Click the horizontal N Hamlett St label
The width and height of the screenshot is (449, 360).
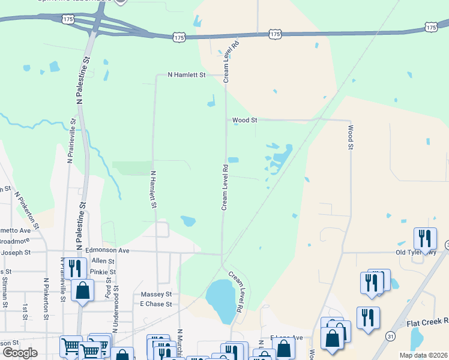point(187,75)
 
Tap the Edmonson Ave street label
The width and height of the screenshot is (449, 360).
point(107,250)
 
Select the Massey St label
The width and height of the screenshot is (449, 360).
point(156,295)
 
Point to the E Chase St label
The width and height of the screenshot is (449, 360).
point(156,304)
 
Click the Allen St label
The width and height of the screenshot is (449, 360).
point(103,261)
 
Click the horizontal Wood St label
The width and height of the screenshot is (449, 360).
point(245,120)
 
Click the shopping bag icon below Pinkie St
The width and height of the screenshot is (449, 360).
point(83,290)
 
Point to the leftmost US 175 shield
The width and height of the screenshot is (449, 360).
point(67,19)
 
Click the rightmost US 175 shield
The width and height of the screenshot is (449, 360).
point(430,27)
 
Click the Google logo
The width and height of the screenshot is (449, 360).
point(20,353)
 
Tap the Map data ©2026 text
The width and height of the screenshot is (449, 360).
point(423,355)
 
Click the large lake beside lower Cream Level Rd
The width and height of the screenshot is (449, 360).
point(220,300)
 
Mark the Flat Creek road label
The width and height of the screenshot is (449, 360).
point(427,322)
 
